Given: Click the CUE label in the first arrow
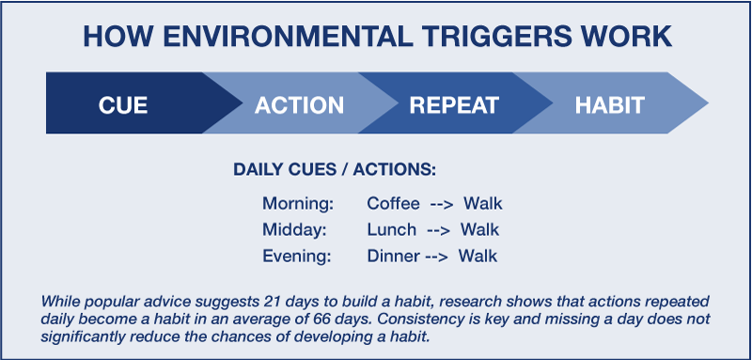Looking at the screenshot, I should click(x=123, y=104).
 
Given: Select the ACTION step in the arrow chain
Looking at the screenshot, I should click(x=298, y=104).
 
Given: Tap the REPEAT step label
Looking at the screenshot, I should click(x=453, y=104).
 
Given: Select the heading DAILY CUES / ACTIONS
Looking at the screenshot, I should click(x=335, y=171).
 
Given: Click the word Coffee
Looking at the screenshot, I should click(x=393, y=204).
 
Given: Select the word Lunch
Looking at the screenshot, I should click(x=388, y=229).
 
